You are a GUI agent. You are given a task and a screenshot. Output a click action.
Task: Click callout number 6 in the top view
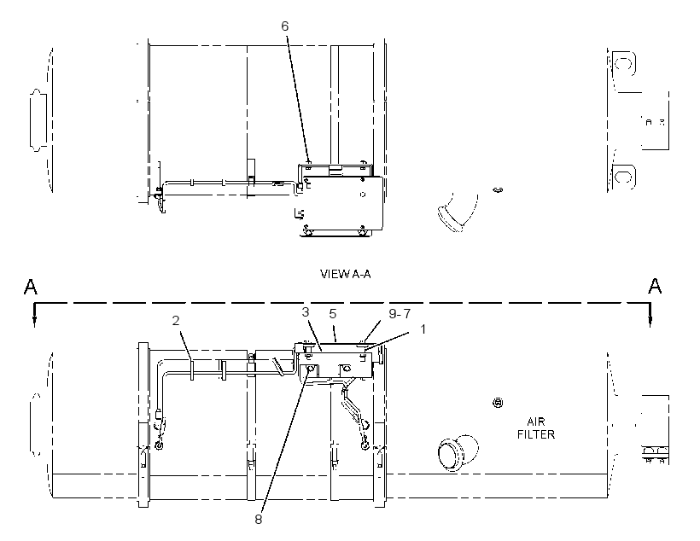point(285,26)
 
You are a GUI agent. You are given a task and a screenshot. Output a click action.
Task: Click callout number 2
point(176,321)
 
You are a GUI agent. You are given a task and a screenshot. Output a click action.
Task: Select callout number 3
point(306,312)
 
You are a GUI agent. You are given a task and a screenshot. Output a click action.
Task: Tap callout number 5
point(333,314)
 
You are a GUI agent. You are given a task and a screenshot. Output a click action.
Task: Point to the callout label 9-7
point(400,314)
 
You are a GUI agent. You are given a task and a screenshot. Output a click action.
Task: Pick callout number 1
point(423,329)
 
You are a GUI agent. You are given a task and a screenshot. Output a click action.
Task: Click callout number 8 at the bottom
point(259,519)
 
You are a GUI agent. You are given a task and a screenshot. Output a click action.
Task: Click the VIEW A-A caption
point(345,274)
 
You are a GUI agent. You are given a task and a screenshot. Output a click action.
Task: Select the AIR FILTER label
point(536,428)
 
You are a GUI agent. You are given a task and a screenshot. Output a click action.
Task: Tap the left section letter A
point(31,287)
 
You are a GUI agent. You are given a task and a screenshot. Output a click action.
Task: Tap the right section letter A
point(655,286)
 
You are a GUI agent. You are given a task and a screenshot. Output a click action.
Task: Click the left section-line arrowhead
point(34,323)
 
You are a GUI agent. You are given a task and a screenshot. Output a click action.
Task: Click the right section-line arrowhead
point(650,323)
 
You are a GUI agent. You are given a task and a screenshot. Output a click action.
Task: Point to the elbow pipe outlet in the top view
point(449,218)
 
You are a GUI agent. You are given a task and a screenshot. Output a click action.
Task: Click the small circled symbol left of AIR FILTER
point(498,403)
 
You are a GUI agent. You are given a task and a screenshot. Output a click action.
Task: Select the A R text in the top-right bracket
point(655,122)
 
